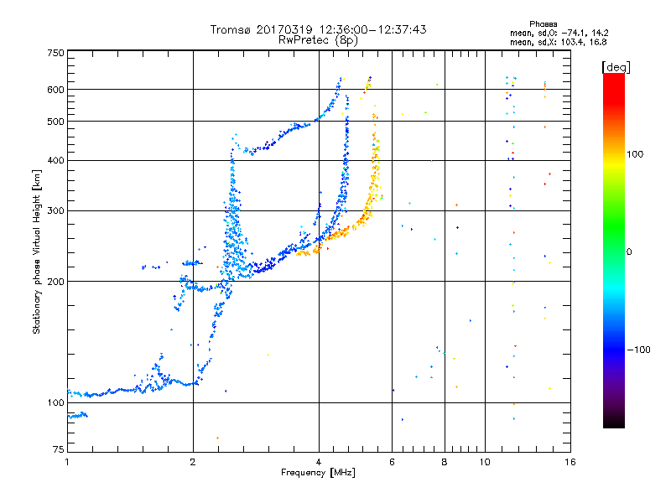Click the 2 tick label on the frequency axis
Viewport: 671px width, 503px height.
193,461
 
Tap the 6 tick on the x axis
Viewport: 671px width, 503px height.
393,461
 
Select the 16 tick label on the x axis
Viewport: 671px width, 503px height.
570,461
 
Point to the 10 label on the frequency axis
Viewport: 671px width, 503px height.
484,461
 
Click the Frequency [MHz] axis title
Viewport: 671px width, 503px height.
318,472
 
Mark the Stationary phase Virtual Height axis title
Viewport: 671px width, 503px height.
37,251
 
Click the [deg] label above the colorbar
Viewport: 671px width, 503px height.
616,66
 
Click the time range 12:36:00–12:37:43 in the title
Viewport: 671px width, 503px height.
369,29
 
